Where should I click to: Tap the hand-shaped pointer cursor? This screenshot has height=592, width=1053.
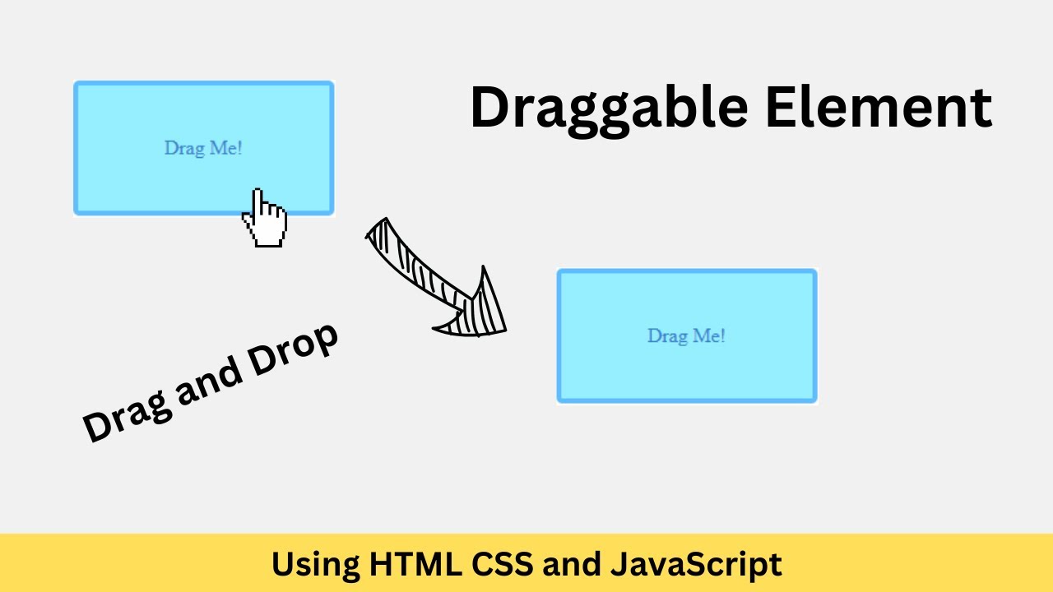(264, 219)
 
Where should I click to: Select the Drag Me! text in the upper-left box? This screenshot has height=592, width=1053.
(203, 149)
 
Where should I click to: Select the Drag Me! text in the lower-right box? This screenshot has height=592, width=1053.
(686, 336)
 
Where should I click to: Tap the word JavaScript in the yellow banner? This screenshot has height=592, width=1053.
(696, 565)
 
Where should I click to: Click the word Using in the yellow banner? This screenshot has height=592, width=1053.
(314, 565)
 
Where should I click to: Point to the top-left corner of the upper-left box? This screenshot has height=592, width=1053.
(76, 83)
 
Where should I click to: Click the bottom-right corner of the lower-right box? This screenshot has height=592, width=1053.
(814, 400)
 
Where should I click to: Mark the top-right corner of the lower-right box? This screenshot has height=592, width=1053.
(814, 271)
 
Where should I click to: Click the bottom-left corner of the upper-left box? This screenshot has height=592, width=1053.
(76, 213)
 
